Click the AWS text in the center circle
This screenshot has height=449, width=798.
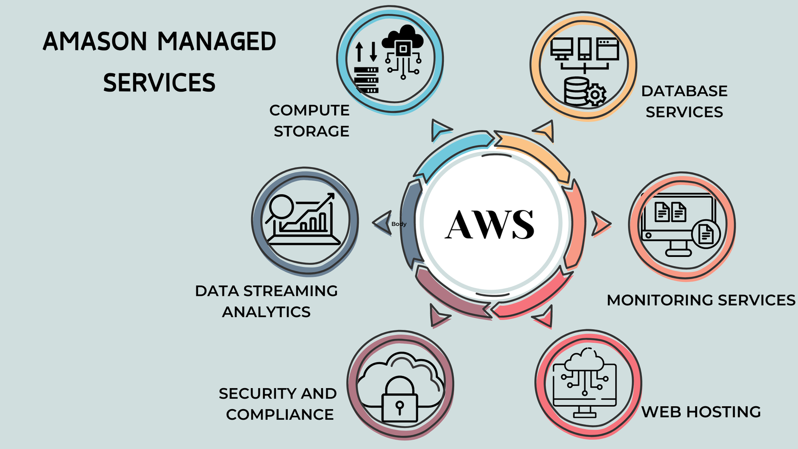[x=490, y=224]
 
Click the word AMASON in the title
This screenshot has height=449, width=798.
[x=95, y=41]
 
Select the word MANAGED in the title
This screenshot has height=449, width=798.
[x=217, y=41]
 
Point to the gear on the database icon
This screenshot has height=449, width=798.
[x=595, y=94]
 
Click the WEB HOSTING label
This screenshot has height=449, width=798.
[x=701, y=412]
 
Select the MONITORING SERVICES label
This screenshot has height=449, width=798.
[x=701, y=300]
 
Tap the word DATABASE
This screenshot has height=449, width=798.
[x=684, y=91]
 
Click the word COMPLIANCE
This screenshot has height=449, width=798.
[x=280, y=415]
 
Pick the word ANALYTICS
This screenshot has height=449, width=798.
[x=266, y=312]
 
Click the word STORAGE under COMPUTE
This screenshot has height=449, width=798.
[x=311, y=131]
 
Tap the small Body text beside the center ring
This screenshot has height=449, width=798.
[x=399, y=224]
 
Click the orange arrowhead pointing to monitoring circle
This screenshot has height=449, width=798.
[x=600, y=224]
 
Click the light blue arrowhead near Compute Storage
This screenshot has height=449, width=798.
[x=440, y=129]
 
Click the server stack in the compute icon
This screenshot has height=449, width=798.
[x=367, y=80]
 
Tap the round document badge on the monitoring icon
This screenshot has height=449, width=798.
[x=706, y=233]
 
